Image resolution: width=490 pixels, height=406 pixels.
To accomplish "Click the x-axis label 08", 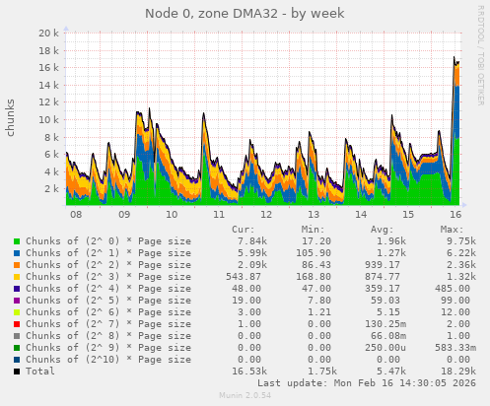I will [76, 214].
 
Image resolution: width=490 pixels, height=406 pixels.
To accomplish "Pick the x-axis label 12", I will [266, 214].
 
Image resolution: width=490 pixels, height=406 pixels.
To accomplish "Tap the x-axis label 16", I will [455, 214].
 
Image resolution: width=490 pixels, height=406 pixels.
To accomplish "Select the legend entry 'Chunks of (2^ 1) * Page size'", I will [103, 252].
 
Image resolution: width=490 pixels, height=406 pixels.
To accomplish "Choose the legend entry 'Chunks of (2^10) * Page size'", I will [103, 359].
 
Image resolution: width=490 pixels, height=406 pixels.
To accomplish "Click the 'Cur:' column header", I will [243, 229].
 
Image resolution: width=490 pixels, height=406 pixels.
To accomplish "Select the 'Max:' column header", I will [453, 229].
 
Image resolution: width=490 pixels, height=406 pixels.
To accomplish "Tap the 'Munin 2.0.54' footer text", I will [245, 396].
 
